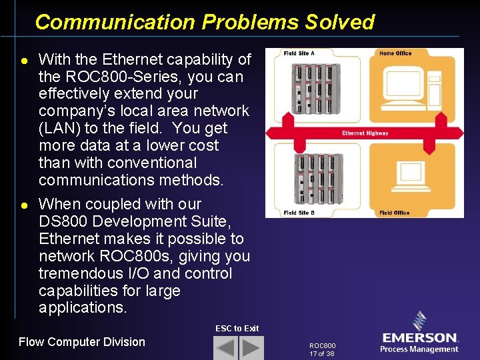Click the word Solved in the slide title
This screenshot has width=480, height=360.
point(340,22)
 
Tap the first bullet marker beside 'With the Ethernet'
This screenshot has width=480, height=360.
point(24,60)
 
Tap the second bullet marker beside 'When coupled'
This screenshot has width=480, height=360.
point(24,205)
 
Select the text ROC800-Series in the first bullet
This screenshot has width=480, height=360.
point(113,76)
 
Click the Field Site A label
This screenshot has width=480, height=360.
point(299,53)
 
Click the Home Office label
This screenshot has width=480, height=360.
point(395,53)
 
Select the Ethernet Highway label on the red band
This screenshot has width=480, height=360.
point(365,133)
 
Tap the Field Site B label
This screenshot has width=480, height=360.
point(299,213)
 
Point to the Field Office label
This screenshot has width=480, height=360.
point(394,213)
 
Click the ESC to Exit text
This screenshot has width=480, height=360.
point(237,328)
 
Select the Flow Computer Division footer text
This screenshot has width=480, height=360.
point(81,342)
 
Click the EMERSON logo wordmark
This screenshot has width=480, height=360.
point(419,338)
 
